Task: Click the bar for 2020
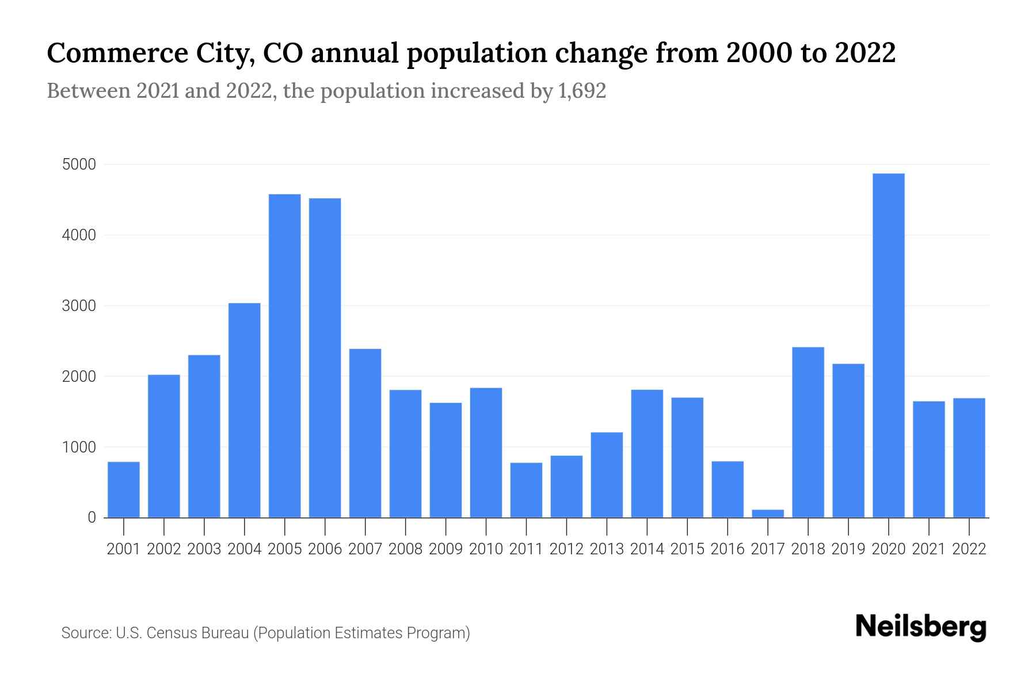tap(889, 345)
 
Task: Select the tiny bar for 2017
tap(768, 513)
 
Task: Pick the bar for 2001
tap(124, 489)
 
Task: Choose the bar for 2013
tap(607, 474)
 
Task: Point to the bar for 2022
tap(969, 458)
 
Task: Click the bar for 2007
tap(365, 433)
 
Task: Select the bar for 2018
tap(808, 432)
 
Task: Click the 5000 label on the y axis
tap(79, 165)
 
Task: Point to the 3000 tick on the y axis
tap(79, 306)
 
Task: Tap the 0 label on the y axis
tap(92, 517)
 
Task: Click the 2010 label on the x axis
tap(486, 549)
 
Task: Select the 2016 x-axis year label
tap(728, 549)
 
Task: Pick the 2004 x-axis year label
tap(245, 549)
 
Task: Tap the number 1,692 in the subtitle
tap(582, 91)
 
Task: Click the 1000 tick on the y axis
tap(79, 447)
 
